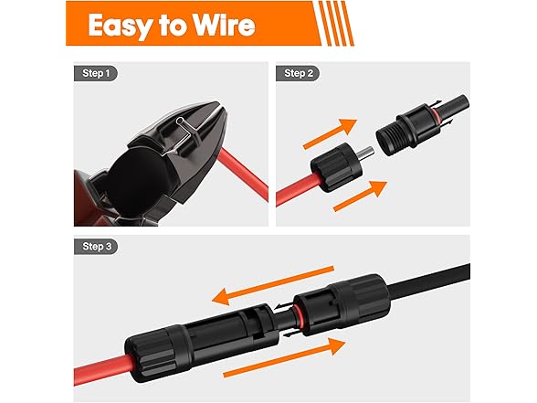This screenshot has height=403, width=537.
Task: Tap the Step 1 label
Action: [x=96, y=73]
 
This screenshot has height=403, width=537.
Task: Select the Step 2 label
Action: [x=298, y=73]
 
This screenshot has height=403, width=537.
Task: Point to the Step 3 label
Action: [x=96, y=247]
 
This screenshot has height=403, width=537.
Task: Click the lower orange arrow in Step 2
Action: [x=360, y=196]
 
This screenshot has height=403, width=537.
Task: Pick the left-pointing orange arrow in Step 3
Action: [x=273, y=285]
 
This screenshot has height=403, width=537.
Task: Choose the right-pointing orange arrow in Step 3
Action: [x=284, y=357]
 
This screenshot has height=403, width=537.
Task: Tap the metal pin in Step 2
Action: [x=366, y=153]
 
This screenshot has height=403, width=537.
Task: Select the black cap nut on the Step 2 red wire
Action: [x=336, y=167]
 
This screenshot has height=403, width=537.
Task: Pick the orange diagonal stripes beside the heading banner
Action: [x=336, y=24]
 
